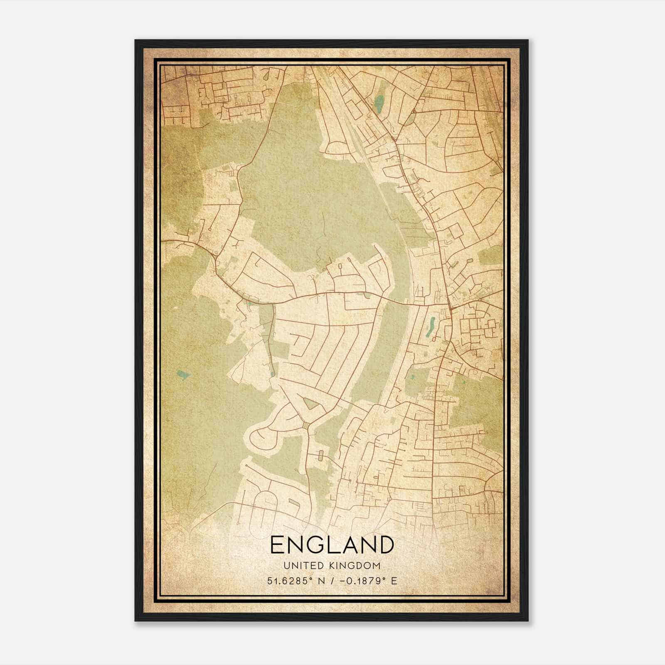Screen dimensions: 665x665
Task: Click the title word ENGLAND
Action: (332, 545)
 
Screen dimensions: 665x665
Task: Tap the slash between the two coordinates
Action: (332, 581)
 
